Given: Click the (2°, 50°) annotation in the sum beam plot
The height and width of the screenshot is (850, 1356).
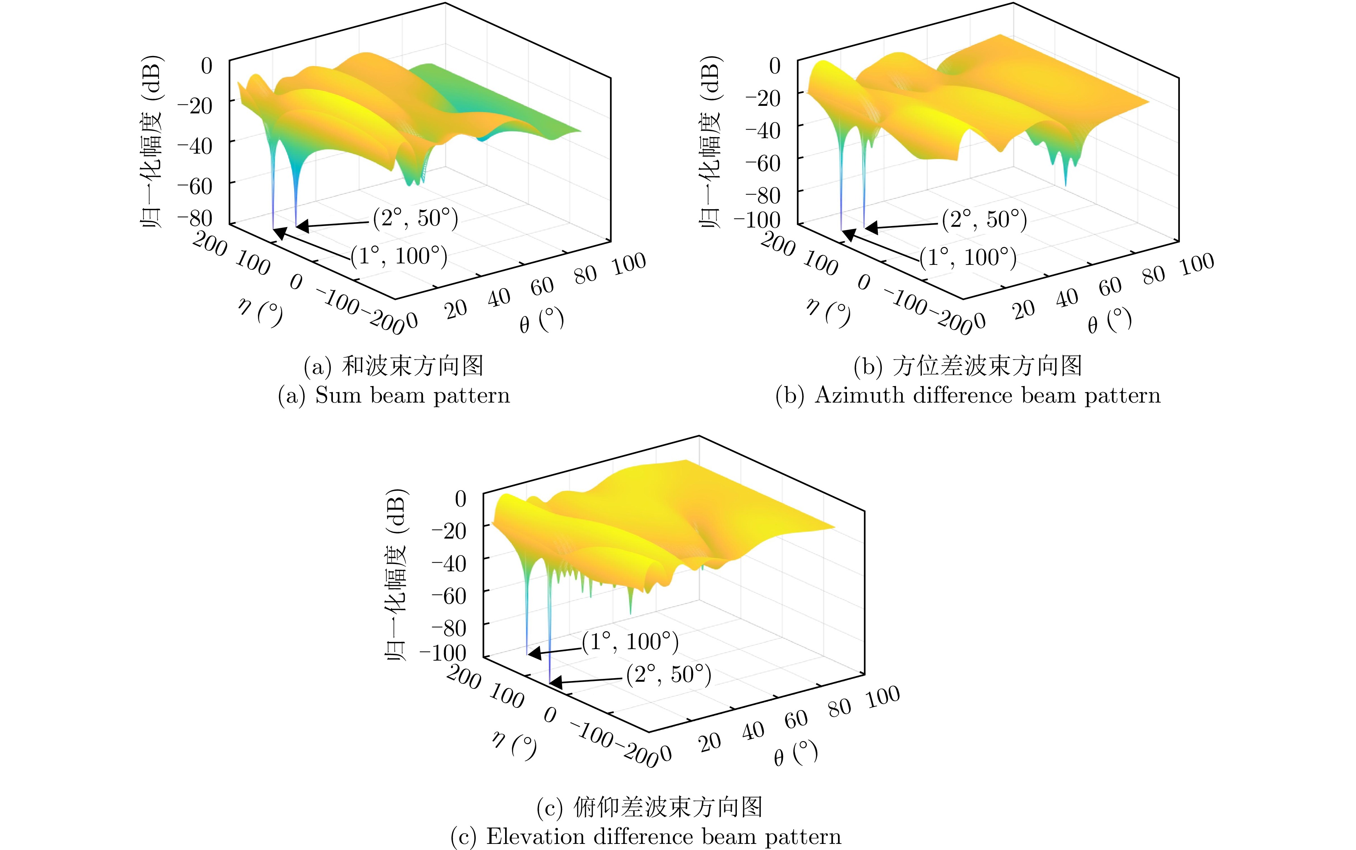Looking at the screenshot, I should coord(416,218).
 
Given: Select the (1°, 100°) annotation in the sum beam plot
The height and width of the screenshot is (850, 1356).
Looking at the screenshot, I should coord(399,256).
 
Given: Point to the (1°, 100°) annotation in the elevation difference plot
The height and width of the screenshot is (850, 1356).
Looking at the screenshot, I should coord(630,642).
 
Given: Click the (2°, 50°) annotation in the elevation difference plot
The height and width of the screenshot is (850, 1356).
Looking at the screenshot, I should coord(669,674).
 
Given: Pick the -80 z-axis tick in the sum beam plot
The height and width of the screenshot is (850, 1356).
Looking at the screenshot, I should coord(195,218).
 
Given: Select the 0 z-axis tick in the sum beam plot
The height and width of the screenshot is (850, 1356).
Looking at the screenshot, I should coord(207,66).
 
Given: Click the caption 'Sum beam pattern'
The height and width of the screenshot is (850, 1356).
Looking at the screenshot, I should coord(394,396).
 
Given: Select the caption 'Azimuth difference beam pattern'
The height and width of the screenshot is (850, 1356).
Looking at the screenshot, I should coord(968,396).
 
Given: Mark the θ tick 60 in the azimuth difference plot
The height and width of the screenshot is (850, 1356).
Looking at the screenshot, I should coord(1110,287).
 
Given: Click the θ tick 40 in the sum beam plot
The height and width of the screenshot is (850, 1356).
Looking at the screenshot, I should coord(498,298).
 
